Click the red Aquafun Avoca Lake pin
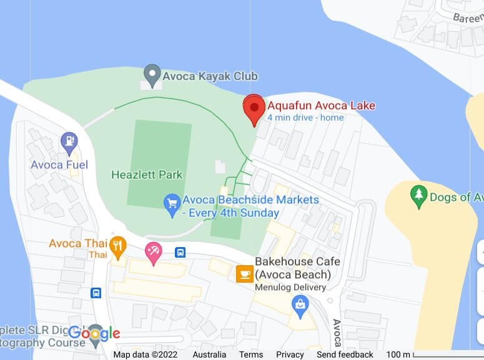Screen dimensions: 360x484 (x=254, y=108)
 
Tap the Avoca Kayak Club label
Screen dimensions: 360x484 (x=210, y=76)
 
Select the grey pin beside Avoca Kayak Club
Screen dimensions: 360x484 (x=151, y=74)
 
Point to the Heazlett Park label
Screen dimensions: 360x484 (x=146, y=175)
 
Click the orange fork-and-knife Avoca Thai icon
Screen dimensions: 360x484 (x=117, y=247)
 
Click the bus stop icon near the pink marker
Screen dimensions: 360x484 (x=180, y=253)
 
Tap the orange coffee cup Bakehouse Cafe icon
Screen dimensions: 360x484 (x=244, y=273)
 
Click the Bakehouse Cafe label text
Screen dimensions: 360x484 (x=292, y=268)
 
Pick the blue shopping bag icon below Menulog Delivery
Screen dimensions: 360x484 (x=300, y=304)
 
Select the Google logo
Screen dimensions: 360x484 (x=94, y=333)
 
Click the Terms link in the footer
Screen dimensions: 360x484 (x=251, y=354)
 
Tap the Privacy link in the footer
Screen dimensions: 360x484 (x=290, y=354)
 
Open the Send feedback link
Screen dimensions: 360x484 (x=345, y=354)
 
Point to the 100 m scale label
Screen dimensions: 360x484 (x=398, y=354)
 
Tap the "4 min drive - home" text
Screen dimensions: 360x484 (x=305, y=118)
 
